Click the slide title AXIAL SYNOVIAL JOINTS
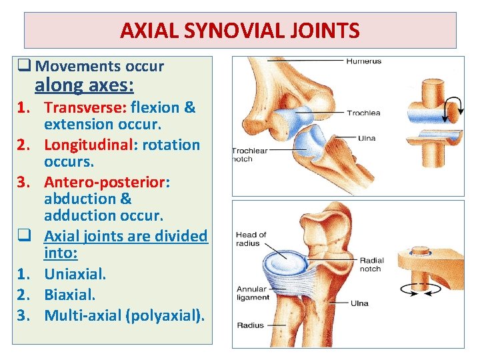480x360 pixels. pyautogui.click(x=240, y=31)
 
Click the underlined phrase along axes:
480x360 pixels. pyautogui.click(x=84, y=85)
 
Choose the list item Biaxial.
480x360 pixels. pyautogui.click(x=69, y=294)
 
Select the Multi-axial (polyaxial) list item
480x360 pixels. pyautogui.click(x=124, y=315)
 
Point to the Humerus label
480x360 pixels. pyautogui.click(x=363, y=61)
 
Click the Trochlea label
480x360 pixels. pyautogui.click(x=364, y=113)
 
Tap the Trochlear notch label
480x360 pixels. pyautogui.click(x=249, y=155)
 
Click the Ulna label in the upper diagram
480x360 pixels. pyautogui.click(x=367, y=138)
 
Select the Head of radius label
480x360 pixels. pyautogui.click(x=251, y=239)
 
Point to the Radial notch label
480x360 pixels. pyautogui.click(x=371, y=265)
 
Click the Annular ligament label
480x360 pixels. pyautogui.click(x=251, y=293)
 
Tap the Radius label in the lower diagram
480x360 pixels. pyautogui.click(x=250, y=325)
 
